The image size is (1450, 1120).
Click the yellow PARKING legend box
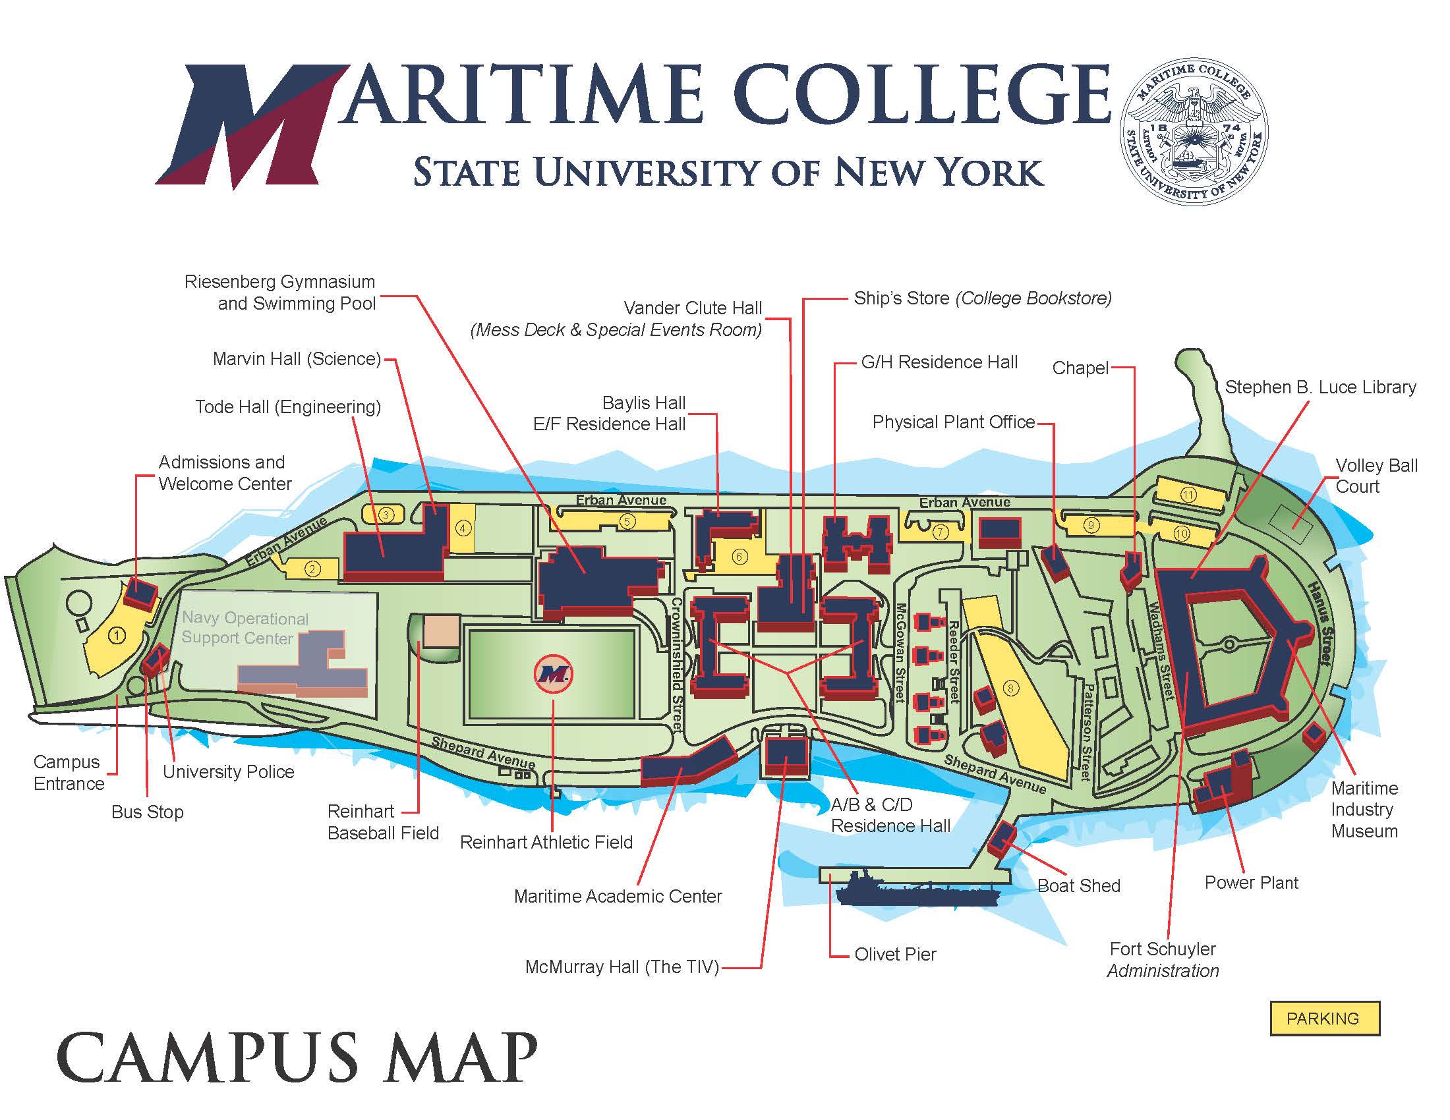1325,1018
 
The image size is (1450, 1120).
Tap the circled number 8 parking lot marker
1010,688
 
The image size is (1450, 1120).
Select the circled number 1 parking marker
117,636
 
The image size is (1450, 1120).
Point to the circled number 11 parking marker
1188,494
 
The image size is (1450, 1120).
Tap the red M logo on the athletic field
553,674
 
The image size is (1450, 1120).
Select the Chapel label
1080,368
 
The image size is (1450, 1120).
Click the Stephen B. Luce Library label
1320,387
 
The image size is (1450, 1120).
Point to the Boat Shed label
1078,885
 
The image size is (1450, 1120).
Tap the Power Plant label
1251,882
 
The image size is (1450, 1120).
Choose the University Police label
229,771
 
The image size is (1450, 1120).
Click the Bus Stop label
148,812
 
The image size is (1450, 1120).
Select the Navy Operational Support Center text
245,628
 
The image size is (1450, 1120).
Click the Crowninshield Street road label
676,663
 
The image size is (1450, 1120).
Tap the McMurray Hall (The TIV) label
622,966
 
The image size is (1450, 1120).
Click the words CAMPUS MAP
297,1056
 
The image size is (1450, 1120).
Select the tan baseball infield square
441,631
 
